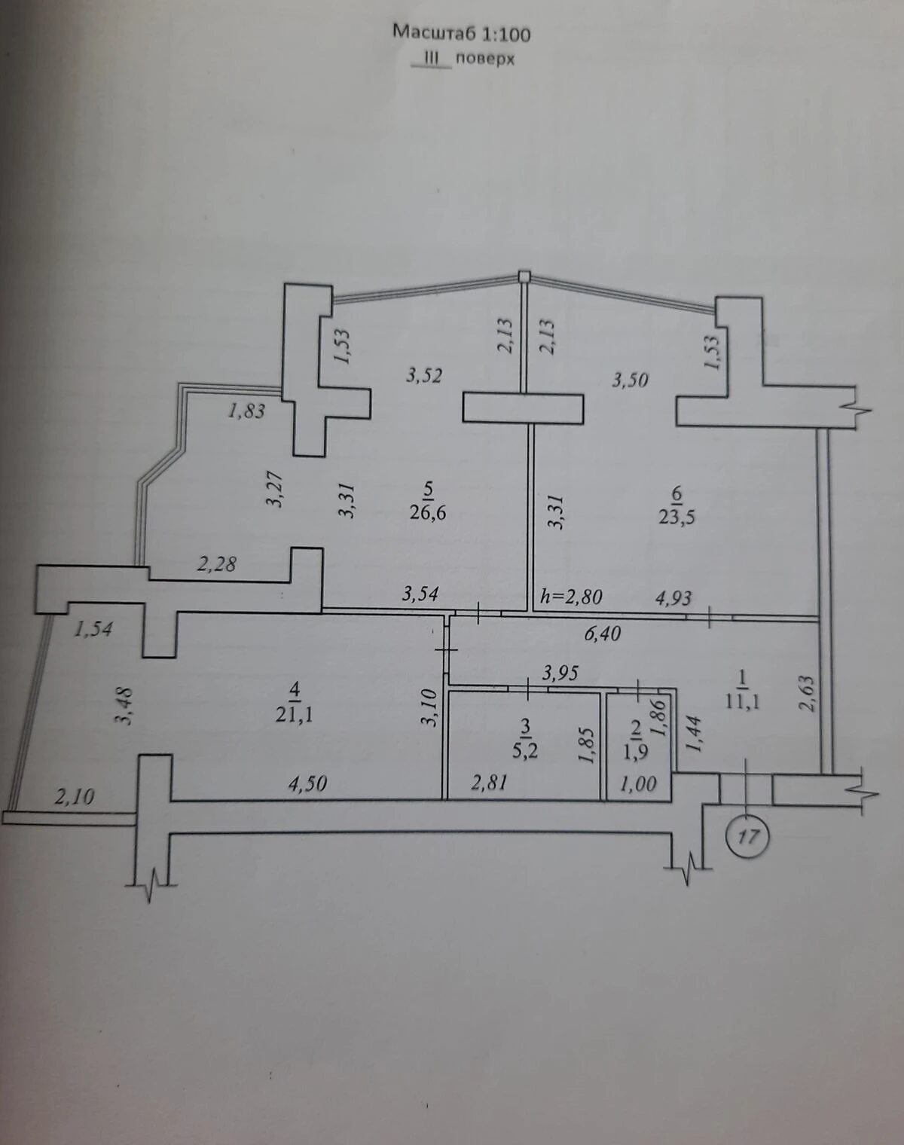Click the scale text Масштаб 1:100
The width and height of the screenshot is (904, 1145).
(461, 34)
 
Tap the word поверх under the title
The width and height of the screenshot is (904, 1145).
(484, 59)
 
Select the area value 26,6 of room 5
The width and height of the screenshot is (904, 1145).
(428, 513)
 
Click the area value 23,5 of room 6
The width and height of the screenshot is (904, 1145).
(677, 517)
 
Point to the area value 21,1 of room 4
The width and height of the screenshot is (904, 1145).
(294, 715)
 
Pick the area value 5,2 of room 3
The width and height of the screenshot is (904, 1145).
(524, 751)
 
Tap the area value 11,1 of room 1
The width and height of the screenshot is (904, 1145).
(742, 702)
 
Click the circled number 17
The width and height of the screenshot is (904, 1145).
(747, 837)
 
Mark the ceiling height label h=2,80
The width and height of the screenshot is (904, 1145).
(571, 597)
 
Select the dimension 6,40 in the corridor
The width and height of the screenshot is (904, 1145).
(603, 634)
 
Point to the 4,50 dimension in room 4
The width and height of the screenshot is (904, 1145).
(307, 783)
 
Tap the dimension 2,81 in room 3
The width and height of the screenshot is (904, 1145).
(489, 782)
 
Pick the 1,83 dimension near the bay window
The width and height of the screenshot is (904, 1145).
(246, 411)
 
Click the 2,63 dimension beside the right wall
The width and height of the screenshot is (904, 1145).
(806, 693)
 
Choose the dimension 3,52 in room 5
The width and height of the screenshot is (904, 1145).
(423, 376)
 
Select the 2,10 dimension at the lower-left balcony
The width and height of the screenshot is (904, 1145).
(75, 796)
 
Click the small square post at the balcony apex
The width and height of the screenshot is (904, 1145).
(524, 276)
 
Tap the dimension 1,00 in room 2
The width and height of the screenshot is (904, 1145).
(638, 783)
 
